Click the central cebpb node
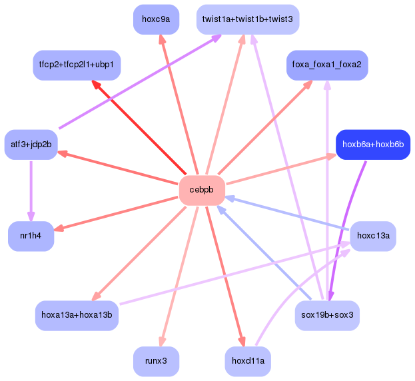[x=202, y=190]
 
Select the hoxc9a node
[x=156, y=19]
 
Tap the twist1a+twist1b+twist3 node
[x=248, y=19]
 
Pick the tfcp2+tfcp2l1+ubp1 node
[x=77, y=65]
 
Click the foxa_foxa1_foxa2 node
[x=327, y=65]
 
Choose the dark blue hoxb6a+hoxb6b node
[x=373, y=145]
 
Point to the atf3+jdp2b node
[x=31, y=145]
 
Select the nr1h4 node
[x=31, y=236]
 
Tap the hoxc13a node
[x=373, y=236]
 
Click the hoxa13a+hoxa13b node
[x=77, y=315]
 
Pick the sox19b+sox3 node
[x=327, y=315]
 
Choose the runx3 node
[x=156, y=361]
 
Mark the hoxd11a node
[x=248, y=361]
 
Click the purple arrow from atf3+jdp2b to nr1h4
[x=31, y=191]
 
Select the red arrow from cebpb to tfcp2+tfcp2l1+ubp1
[x=139, y=127]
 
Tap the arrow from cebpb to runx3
[x=179, y=276]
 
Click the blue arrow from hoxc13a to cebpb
[x=287, y=213]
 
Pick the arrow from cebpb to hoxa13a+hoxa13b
[x=139, y=254]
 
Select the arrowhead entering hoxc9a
[x=162, y=39]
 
